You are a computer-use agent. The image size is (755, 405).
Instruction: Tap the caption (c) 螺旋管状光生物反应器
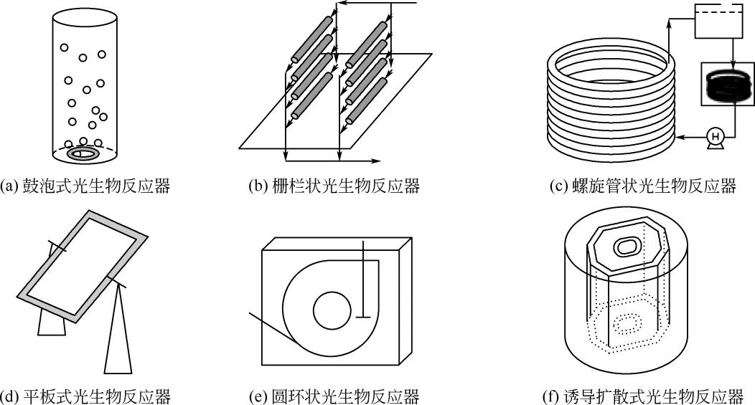tap(643, 186)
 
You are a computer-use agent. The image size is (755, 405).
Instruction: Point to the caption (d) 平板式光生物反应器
tap(86, 395)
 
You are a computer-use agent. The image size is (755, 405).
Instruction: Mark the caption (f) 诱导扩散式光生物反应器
tap(643, 395)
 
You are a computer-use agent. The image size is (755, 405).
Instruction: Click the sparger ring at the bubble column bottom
tap(84, 153)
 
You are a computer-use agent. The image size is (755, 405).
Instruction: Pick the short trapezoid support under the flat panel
tap(52, 324)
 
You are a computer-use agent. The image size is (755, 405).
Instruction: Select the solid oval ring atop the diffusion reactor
tap(628, 247)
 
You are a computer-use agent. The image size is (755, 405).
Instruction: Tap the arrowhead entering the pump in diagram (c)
tap(682, 135)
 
